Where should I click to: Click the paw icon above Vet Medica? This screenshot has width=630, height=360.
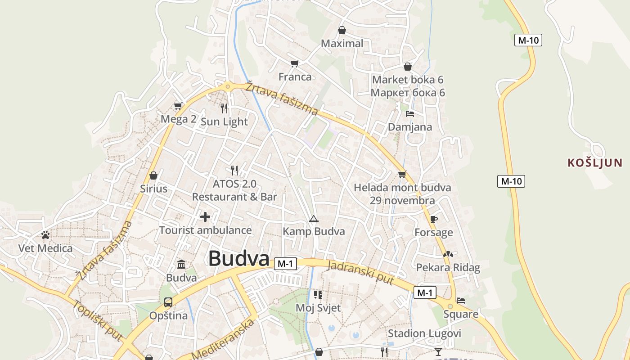(45, 235)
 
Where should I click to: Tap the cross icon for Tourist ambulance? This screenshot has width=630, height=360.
(205, 217)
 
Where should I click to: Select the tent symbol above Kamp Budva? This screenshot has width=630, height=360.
(314, 219)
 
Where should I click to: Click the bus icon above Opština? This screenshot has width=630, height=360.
(168, 302)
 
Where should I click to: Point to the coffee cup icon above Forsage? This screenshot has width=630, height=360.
(434, 219)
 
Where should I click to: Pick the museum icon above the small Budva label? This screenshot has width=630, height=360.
(181, 264)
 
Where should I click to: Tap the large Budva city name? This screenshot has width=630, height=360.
(239, 259)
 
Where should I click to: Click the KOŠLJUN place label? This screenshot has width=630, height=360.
(595, 163)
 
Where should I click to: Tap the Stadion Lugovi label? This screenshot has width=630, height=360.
(424, 333)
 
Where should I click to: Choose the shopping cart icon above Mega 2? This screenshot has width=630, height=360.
(178, 106)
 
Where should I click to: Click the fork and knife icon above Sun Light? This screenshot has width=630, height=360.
(224, 108)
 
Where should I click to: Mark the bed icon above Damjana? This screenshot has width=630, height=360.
(410, 114)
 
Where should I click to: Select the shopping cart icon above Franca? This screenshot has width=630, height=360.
(295, 63)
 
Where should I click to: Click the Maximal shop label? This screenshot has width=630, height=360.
(342, 44)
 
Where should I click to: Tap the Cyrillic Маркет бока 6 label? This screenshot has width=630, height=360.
(408, 93)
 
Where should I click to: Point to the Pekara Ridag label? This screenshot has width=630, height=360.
(448, 268)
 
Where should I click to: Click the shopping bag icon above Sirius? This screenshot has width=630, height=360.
(153, 175)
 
